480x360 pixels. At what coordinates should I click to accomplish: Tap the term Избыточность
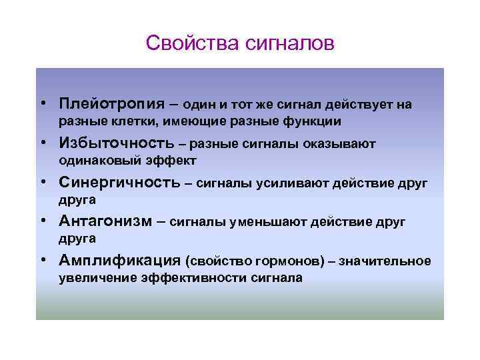tap(115, 143)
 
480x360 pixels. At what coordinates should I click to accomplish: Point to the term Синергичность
tap(120, 183)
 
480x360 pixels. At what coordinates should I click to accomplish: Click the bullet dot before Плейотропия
tap(42, 105)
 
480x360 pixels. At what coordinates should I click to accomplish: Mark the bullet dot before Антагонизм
tap(42, 222)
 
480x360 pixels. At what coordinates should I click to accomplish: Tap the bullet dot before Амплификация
tap(42, 261)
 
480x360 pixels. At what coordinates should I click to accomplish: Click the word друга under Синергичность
tap(77, 199)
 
